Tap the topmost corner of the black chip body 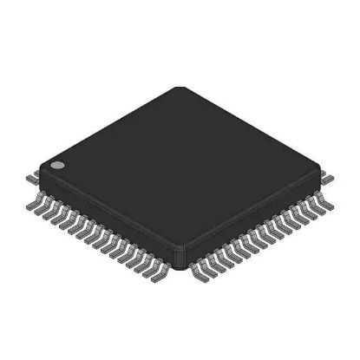click(179, 88)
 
